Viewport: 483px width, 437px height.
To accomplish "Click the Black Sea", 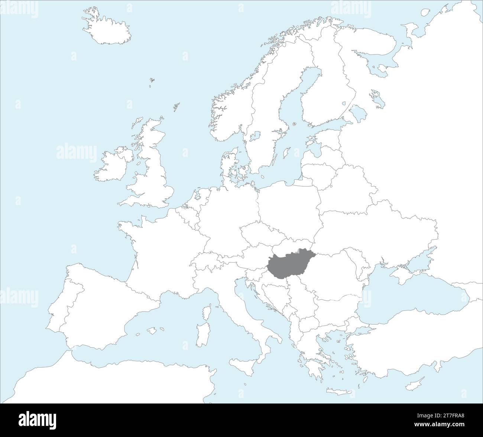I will [409, 297].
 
